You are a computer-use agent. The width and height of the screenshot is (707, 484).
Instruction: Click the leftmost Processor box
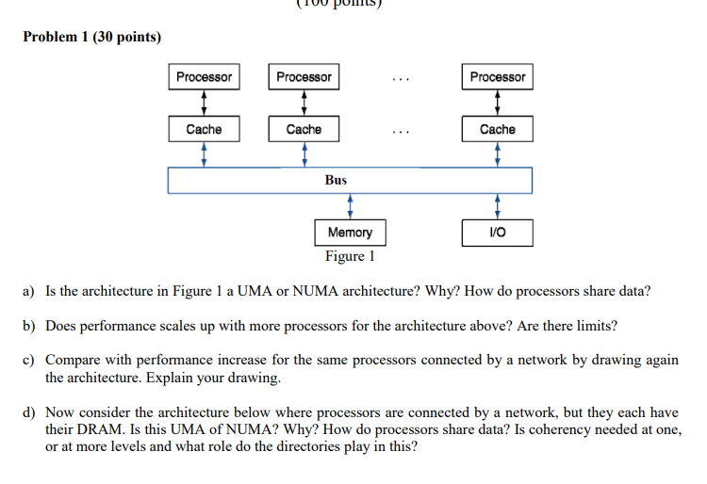(x=204, y=77)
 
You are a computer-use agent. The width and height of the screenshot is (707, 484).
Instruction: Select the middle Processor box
(x=304, y=77)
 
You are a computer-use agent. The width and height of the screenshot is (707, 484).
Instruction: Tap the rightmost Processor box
(x=497, y=77)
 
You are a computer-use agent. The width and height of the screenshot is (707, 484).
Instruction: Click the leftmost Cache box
(x=204, y=129)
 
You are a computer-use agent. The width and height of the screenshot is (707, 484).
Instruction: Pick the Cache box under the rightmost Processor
(x=497, y=129)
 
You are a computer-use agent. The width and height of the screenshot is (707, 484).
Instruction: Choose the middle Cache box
(x=304, y=129)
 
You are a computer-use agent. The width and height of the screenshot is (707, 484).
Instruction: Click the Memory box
(x=350, y=232)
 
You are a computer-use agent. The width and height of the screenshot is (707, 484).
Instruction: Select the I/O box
(x=497, y=232)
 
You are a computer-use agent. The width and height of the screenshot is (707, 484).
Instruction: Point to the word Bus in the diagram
(x=337, y=180)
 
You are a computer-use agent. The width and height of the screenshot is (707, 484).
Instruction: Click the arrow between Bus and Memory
(x=350, y=206)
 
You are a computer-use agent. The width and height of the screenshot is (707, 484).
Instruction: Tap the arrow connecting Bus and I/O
(x=497, y=206)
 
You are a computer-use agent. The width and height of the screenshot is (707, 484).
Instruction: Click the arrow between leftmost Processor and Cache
(x=204, y=103)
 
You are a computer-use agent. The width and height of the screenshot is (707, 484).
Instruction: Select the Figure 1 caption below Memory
(x=350, y=256)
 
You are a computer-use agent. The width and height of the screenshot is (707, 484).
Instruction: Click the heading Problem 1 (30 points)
(x=92, y=38)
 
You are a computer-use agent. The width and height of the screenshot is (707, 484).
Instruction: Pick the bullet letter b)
(x=29, y=326)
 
